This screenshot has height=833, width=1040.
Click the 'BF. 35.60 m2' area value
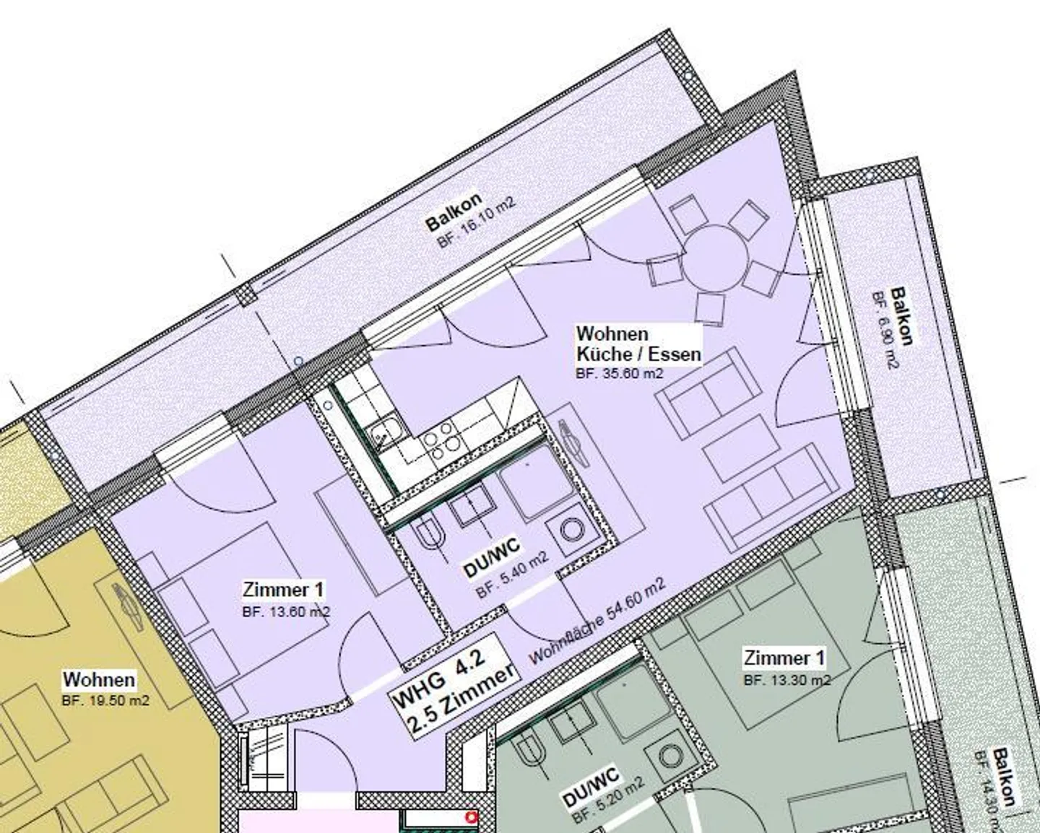point(619,374)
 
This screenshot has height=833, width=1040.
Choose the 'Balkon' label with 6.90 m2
point(902,315)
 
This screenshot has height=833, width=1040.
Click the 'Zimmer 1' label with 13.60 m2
point(283,590)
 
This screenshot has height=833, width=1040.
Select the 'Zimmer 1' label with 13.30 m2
point(784,658)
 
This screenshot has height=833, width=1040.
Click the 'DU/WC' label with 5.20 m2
point(591,788)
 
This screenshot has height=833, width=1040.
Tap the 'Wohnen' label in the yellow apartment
point(99,679)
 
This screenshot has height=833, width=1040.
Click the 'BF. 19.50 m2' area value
point(106,699)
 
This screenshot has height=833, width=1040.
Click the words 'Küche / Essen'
point(638,354)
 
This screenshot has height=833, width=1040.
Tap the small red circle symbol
point(472,818)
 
